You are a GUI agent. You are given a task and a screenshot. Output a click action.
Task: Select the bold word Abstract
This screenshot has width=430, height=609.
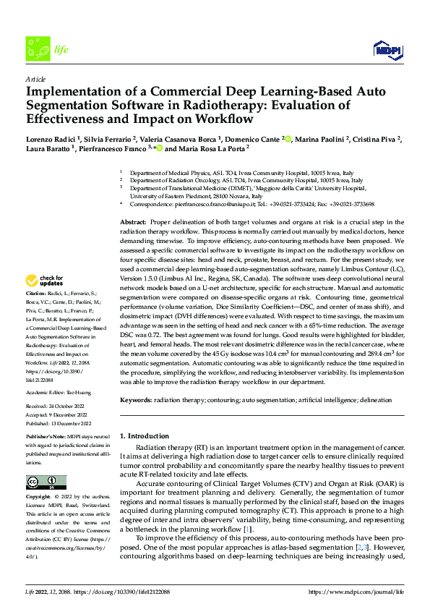(x=134, y=220)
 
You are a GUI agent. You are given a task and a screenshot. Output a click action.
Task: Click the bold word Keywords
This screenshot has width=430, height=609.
(x=137, y=399)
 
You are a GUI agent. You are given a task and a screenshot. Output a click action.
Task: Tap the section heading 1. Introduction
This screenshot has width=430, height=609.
(x=144, y=436)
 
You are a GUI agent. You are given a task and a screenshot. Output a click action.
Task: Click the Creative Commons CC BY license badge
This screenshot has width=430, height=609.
(x=46, y=482)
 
